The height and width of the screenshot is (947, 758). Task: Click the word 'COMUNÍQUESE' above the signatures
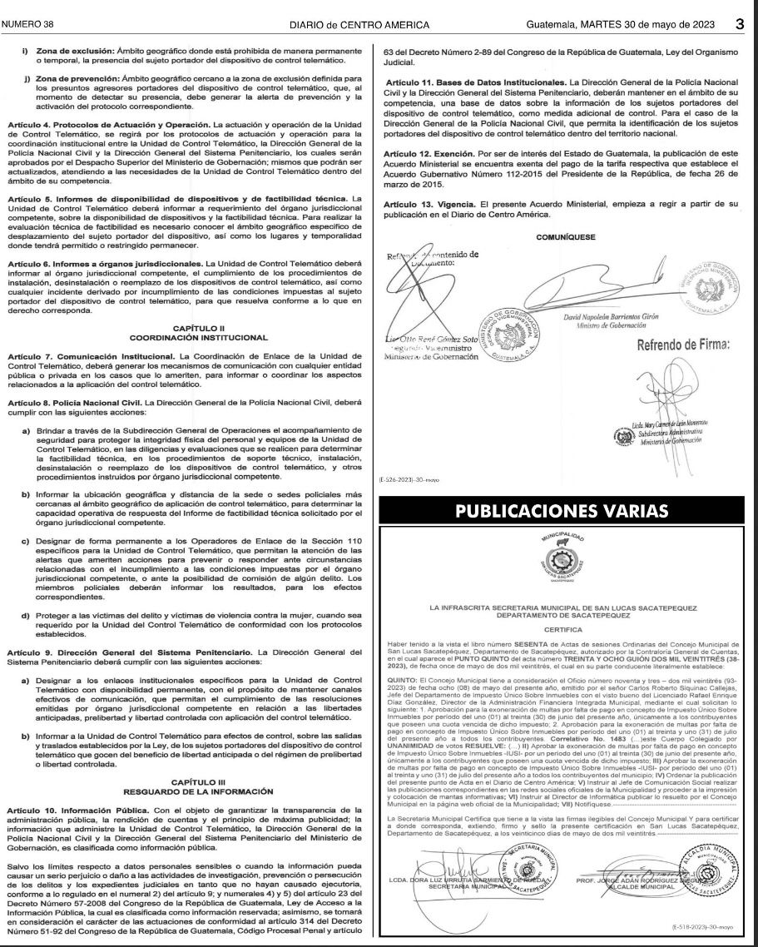(562, 237)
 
